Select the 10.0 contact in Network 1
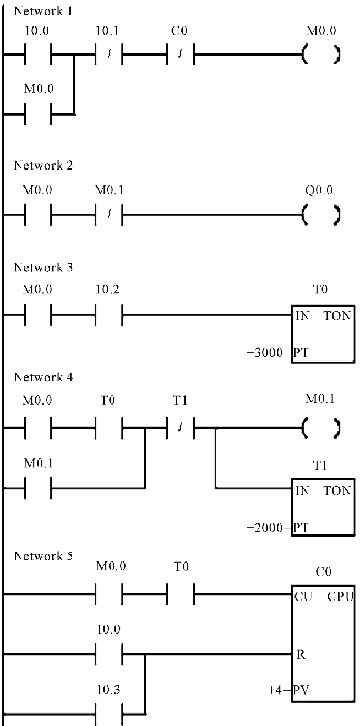37,56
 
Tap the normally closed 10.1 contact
109,56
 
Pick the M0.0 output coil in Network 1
320,56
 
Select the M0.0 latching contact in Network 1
37,115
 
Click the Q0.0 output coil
320,213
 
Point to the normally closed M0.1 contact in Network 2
109,213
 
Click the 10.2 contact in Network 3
109,316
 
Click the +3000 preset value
268,352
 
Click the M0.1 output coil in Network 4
320,426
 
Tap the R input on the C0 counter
301,655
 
